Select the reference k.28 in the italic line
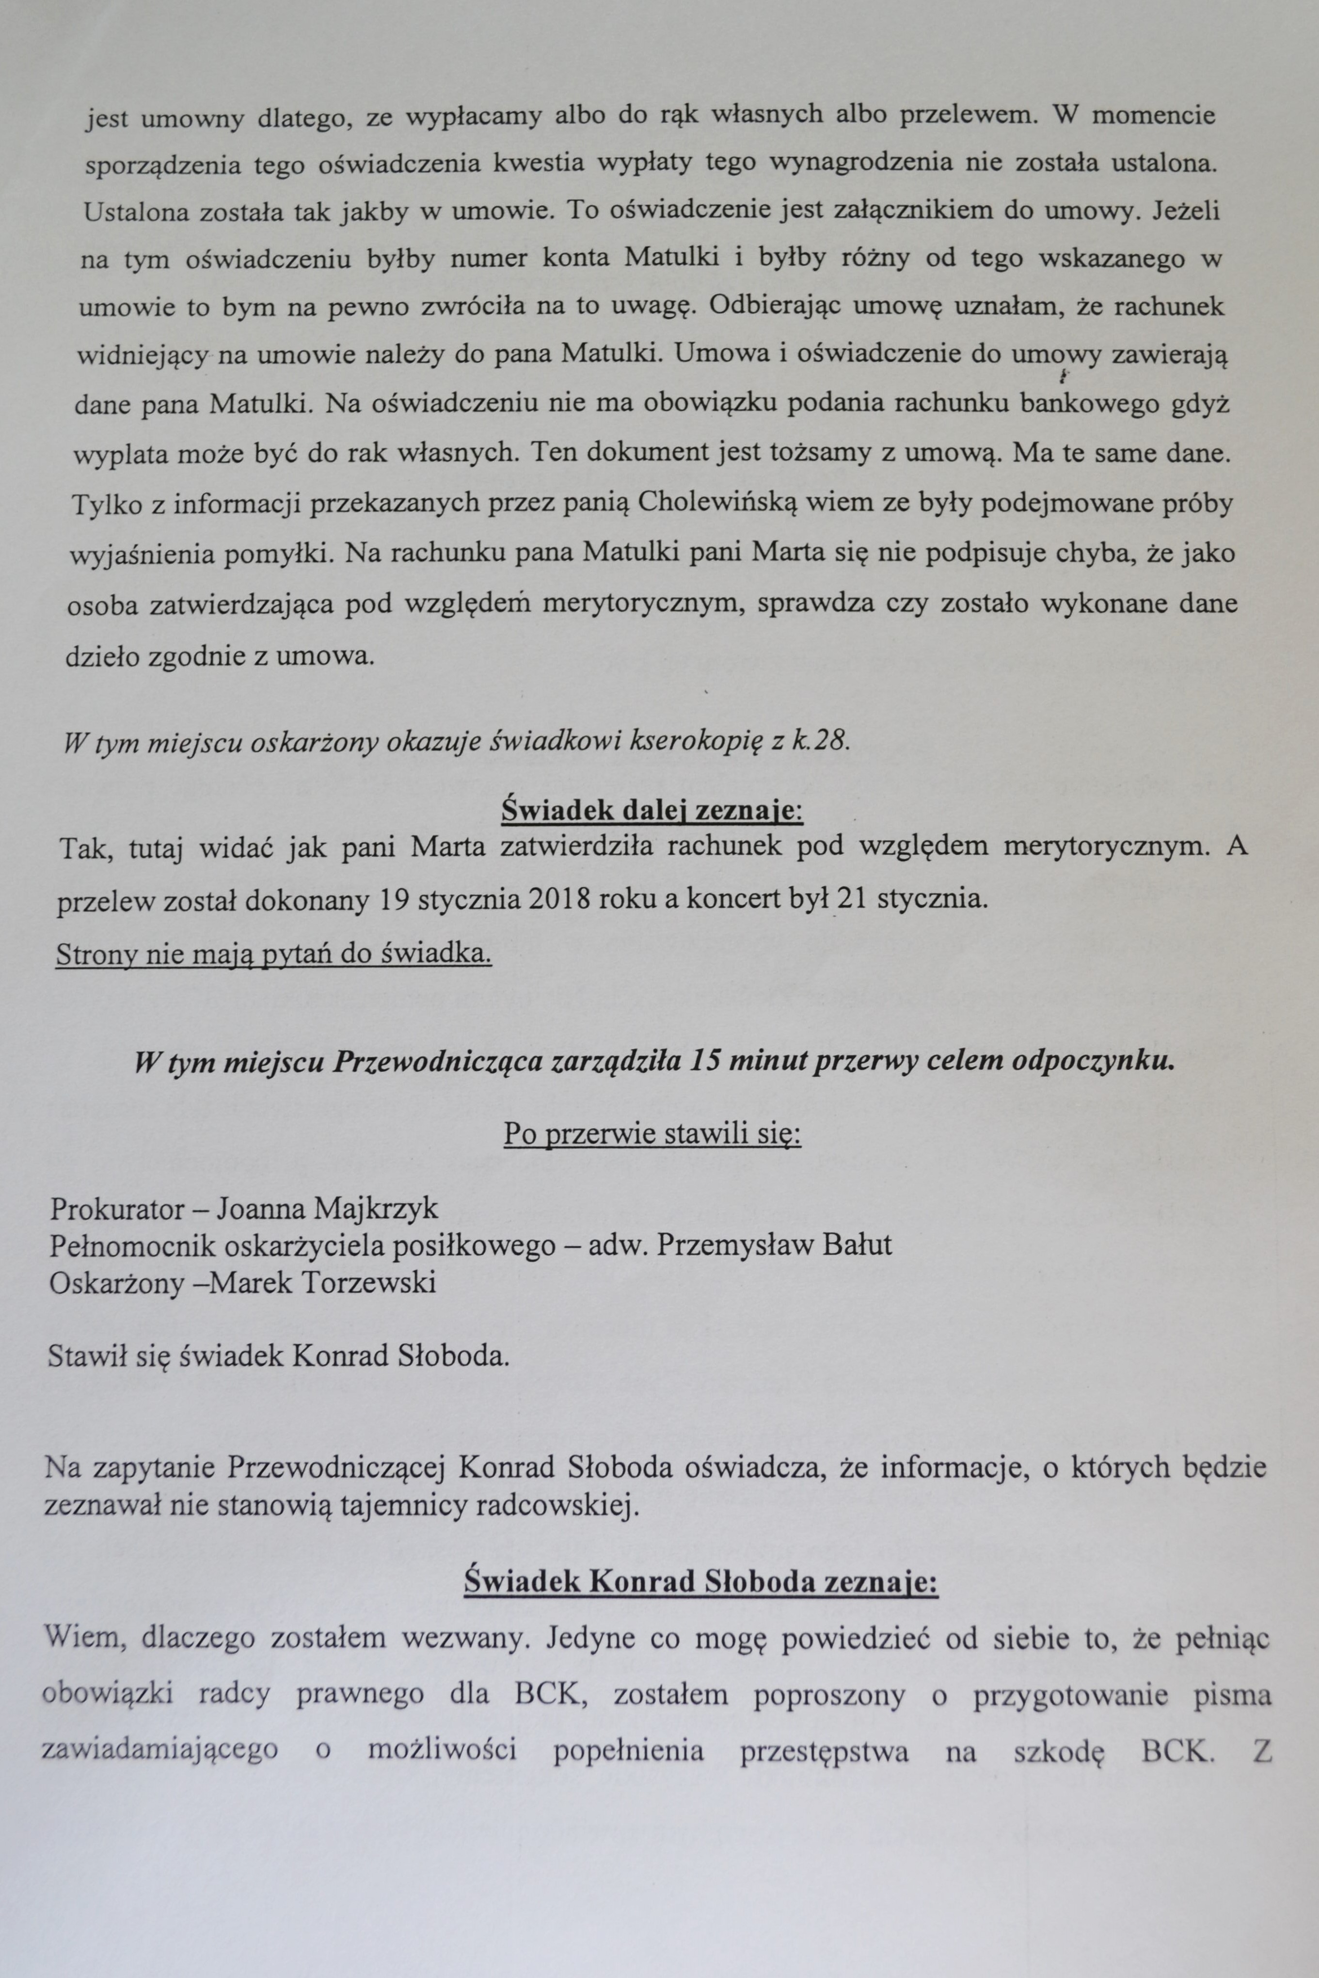pyautogui.click(x=820, y=743)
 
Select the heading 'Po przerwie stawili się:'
pyautogui.click(x=652, y=1134)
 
